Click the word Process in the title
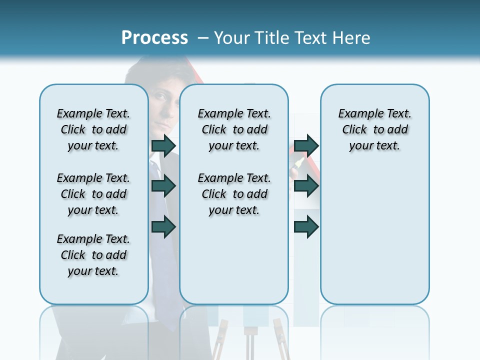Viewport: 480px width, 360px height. (x=154, y=37)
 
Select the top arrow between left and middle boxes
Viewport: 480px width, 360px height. (x=163, y=145)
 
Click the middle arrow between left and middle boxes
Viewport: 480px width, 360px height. (x=163, y=186)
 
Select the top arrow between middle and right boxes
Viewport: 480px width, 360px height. (x=306, y=145)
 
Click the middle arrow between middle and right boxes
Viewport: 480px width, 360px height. (x=306, y=186)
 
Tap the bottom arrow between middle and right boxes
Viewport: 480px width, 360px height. (x=306, y=226)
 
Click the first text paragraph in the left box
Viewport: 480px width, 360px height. (x=93, y=129)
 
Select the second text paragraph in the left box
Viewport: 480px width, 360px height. (x=93, y=194)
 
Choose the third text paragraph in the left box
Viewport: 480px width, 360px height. (x=93, y=255)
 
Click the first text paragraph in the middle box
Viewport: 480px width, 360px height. (x=234, y=129)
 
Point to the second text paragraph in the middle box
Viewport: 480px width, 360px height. (x=234, y=194)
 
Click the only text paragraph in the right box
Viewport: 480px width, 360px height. (x=374, y=129)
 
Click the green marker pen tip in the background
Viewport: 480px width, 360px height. (x=299, y=162)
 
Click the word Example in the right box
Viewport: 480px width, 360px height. (x=356, y=114)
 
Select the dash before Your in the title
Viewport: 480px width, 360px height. (x=203, y=38)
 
